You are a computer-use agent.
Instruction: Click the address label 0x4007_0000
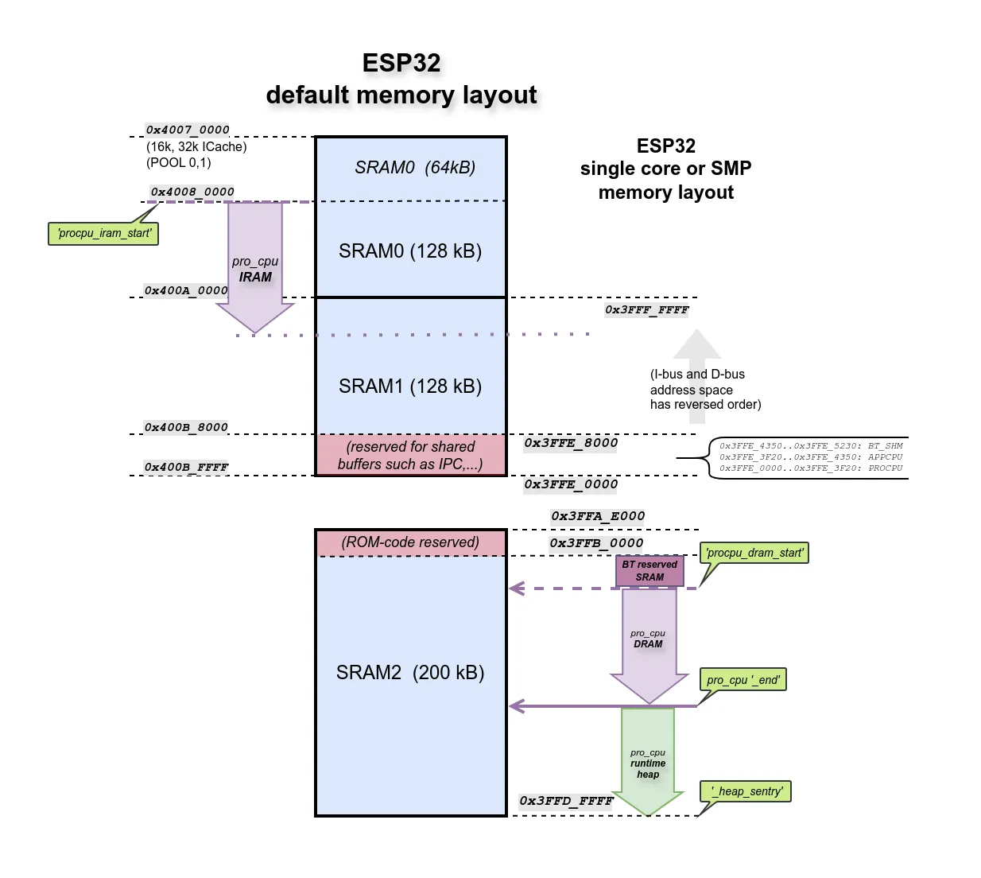point(188,130)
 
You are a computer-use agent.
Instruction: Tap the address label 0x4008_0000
point(192,192)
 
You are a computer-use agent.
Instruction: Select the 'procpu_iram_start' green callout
point(103,234)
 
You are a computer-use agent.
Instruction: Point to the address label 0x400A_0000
point(186,290)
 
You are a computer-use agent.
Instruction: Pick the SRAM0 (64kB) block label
point(414,168)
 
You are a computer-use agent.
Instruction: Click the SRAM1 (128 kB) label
point(410,387)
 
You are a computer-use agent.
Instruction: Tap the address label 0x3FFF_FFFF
point(646,310)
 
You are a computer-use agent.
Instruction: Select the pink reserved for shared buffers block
point(410,455)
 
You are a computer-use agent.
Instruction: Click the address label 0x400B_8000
point(186,427)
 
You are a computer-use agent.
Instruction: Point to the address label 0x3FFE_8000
point(571,443)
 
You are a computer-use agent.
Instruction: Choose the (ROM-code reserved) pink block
point(410,542)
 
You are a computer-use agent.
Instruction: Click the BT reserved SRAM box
point(649,571)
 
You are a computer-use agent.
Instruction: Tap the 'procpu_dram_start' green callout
point(754,553)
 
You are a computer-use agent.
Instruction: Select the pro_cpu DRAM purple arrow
point(649,639)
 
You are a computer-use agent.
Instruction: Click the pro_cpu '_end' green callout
point(743,680)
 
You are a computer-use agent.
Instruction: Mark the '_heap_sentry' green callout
point(746,791)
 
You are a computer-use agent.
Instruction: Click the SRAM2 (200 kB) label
point(410,673)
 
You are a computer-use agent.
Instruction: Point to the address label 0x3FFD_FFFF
point(566,801)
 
